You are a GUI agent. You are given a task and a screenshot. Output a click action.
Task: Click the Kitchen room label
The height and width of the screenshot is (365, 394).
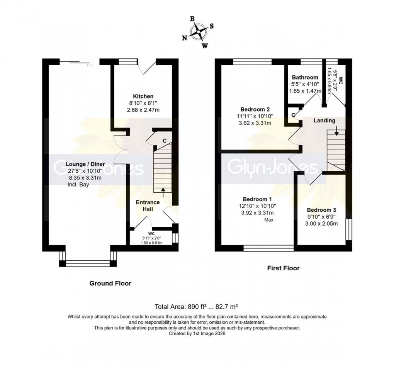coord(143,96)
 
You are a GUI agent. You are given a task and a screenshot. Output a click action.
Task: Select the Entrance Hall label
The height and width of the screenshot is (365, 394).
coord(148,205)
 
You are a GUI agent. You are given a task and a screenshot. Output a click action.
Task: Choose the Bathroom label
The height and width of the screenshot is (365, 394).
coord(305,77)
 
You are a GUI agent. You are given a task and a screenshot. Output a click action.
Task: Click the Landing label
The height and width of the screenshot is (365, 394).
coord(324,121)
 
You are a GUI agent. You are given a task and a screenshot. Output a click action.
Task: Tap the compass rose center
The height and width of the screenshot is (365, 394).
coord(200,32)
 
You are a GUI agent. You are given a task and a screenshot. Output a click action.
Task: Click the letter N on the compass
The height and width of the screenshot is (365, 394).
coord(185,37)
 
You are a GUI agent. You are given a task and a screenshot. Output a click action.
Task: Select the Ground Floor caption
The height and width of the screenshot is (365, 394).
coord(110,283)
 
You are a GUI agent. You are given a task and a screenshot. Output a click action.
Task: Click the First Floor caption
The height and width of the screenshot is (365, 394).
coord(283,268)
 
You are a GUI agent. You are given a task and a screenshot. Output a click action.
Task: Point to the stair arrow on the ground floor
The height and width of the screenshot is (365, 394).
coord(163,190)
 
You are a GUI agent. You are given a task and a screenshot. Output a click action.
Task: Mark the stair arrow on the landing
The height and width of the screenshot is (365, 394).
coord(337,133)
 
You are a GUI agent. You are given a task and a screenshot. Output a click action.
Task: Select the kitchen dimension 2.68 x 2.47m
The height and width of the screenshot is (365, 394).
coord(143,110)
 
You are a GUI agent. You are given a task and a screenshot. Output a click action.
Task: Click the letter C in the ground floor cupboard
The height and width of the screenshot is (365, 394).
coord(164,141)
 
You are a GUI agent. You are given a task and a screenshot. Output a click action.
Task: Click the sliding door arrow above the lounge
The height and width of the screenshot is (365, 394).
coord(90,65)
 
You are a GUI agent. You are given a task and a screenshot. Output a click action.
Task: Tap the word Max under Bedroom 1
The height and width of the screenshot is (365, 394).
coord(269,220)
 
